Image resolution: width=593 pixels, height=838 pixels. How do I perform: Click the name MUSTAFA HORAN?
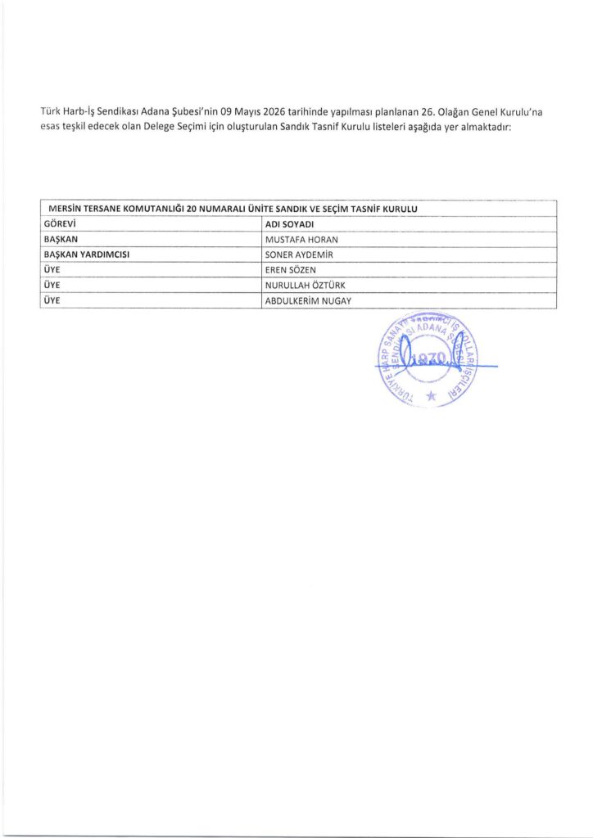[x=301, y=239]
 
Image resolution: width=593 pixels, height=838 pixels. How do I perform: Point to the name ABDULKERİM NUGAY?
[x=308, y=301]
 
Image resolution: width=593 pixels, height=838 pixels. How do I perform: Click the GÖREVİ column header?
[x=59, y=223]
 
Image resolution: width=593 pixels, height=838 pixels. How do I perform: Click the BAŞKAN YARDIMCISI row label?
[x=87, y=255]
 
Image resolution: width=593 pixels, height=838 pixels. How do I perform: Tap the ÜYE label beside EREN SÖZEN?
[x=52, y=270]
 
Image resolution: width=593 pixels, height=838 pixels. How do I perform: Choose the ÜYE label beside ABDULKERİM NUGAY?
[x=52, y=301]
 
